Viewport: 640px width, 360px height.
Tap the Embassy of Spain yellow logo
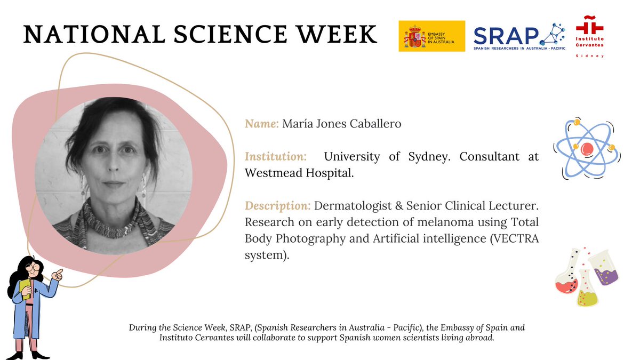(x=431, y=36)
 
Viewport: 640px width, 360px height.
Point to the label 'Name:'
(x=261, y=124)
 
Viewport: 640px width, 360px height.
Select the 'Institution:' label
(x=275, y=157)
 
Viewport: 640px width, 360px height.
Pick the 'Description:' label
(x=277, y=206)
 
